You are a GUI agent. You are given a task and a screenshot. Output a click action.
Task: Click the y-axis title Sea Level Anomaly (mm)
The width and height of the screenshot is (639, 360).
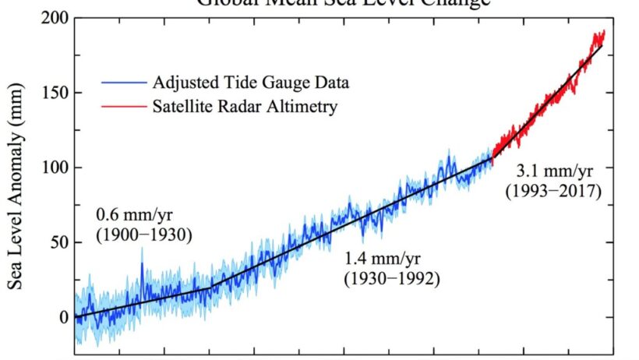(x=17, y=168)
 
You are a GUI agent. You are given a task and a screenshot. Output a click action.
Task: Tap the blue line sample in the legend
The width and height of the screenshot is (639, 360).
(x=124, y=82)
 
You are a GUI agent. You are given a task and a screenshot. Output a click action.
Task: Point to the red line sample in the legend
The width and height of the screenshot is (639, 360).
(x=124, y=106)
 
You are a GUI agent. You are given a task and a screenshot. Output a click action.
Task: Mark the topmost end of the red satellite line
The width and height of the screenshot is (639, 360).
(x=602, y=31)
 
